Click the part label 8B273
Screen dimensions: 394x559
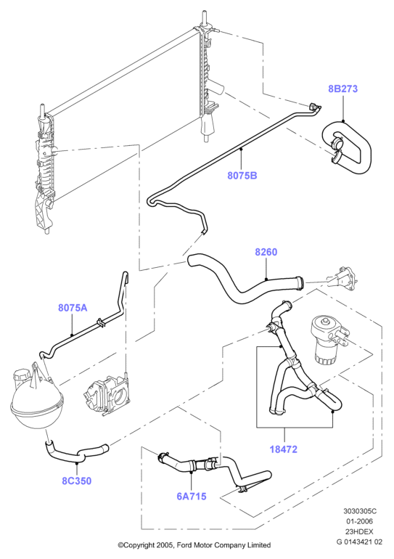click(342, 89)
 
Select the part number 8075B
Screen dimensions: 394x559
click(242, 176)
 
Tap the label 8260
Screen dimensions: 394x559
click(266, 252)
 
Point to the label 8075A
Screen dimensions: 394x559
click(73, 308)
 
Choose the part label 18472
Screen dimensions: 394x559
click(284, 449)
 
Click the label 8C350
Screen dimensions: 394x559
click(77, 481)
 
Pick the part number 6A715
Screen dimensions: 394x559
click(192, 497)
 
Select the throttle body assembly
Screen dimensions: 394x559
click(106, 394)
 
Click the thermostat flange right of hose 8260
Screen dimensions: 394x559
click(343, 278)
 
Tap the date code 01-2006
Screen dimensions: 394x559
click(359, 521)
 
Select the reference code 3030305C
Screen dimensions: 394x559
click(360, 511)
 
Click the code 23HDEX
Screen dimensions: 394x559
click(359, 531)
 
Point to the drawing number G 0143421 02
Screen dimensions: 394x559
click(359, 542)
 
